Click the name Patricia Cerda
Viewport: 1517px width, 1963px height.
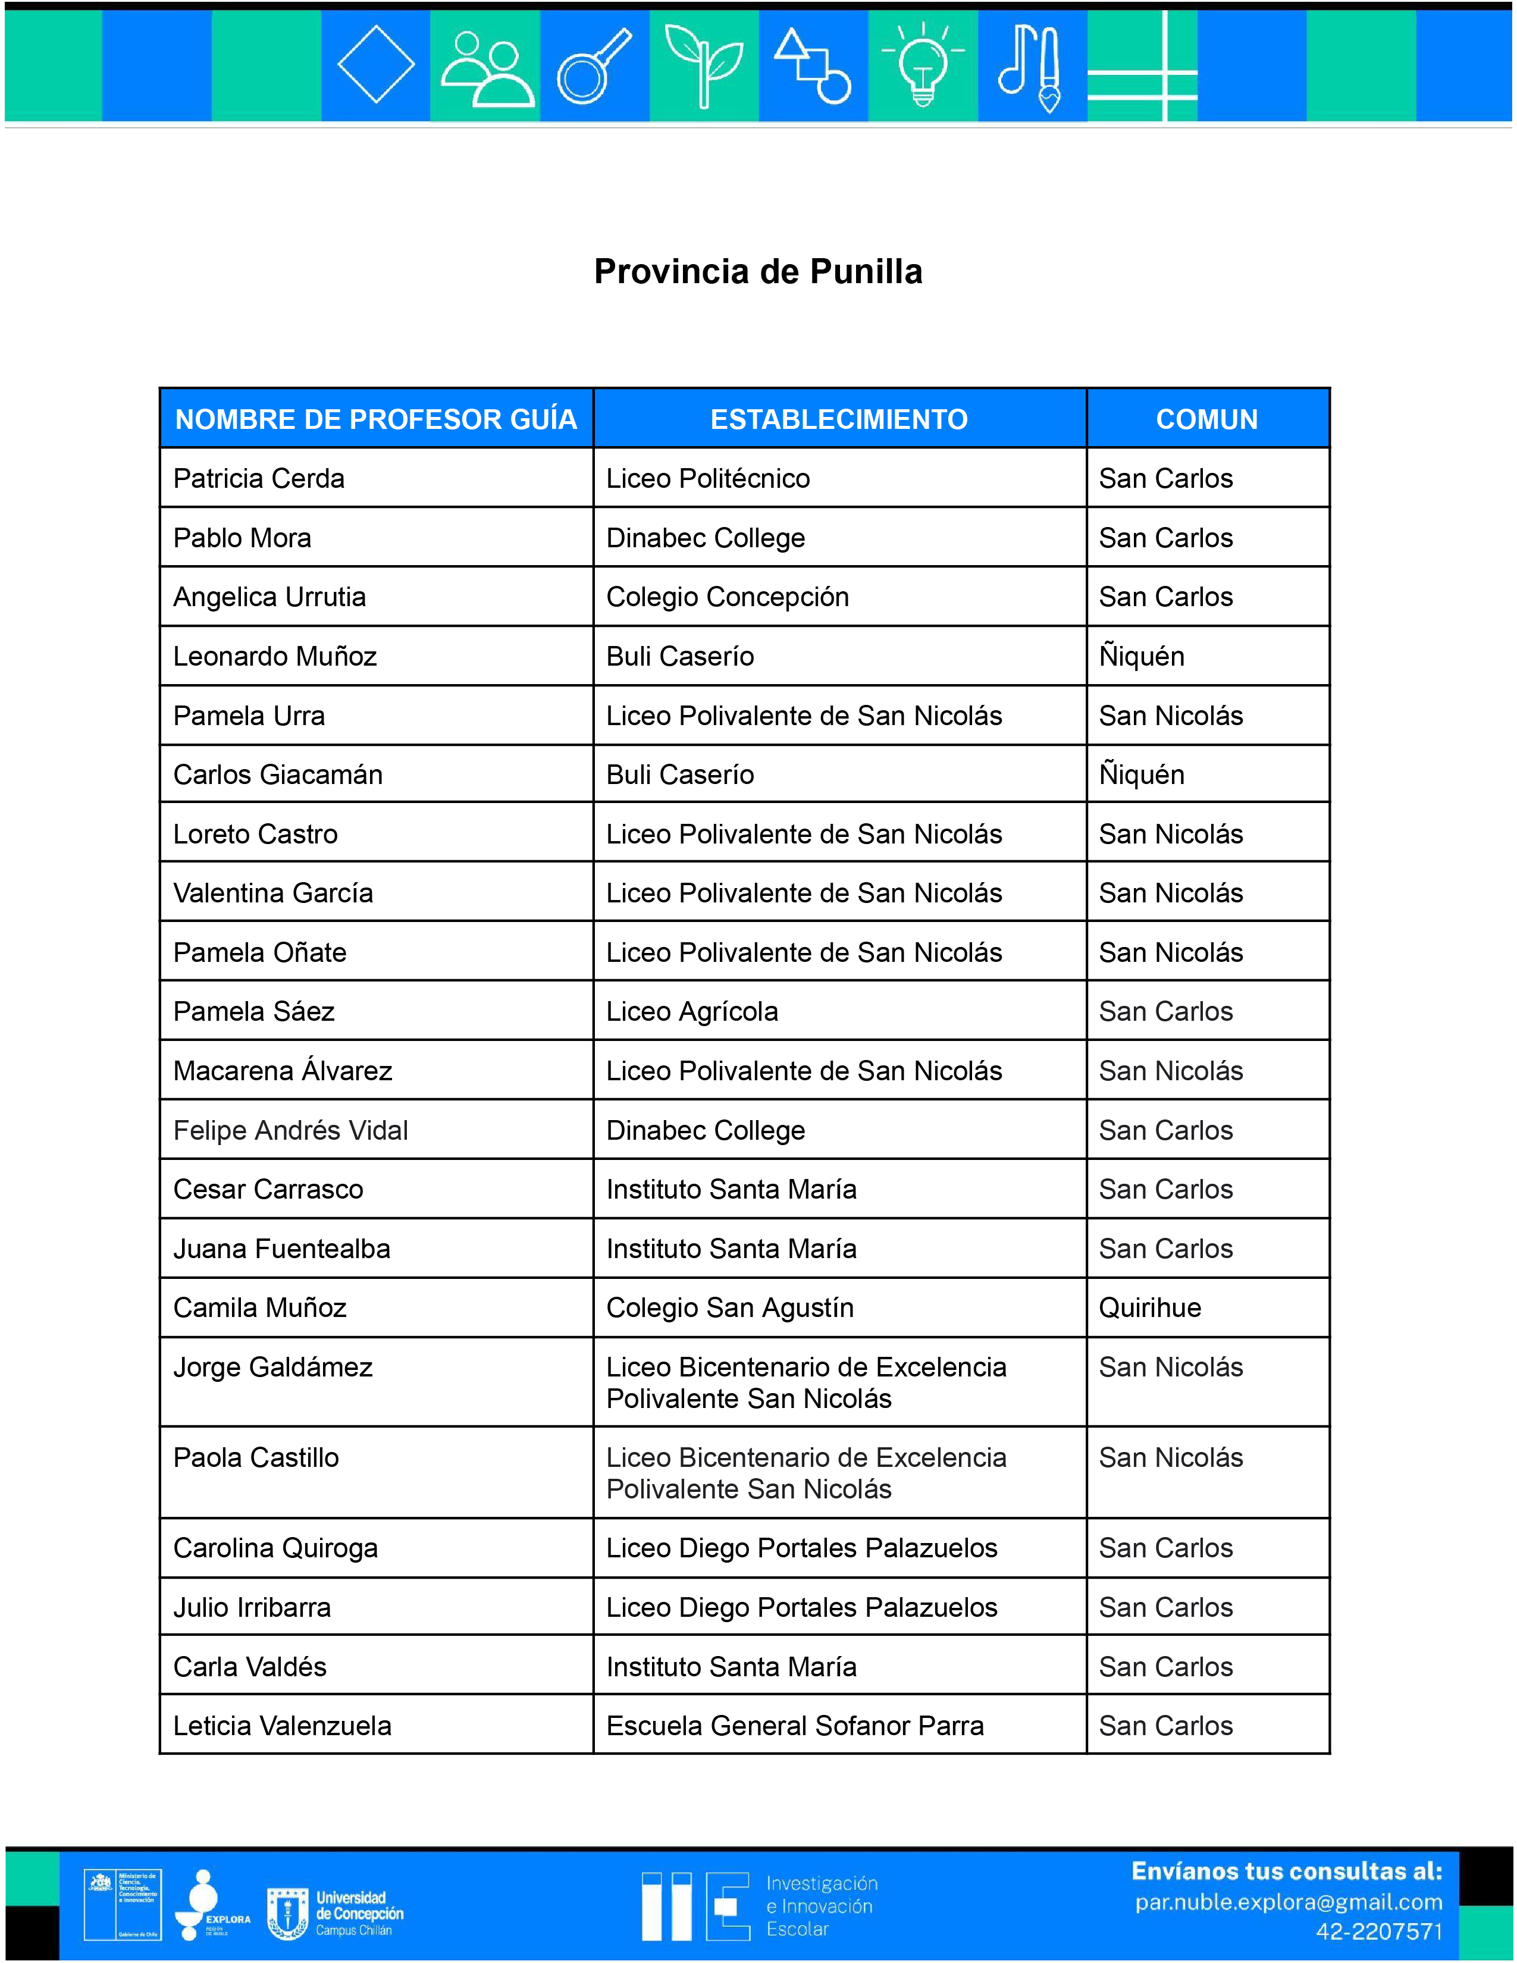(x=259, y=478)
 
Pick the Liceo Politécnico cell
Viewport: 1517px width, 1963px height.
(x=708, y=478)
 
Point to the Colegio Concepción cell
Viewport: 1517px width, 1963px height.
(x=727, y=597)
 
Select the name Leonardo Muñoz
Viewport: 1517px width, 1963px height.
(x=275, y=656)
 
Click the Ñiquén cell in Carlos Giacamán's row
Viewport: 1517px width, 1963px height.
(x=1142, y=774)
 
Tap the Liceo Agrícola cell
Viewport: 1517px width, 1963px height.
(x=692, y=1011)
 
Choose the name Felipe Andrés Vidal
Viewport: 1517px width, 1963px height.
(x=290, y=1130)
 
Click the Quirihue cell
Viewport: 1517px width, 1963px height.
(x=1149, y=1307)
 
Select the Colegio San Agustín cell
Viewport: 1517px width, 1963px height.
(x=730, y=1307)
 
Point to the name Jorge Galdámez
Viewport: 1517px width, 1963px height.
(x=272, y=1367)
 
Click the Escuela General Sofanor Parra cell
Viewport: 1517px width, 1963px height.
(x=794, y=1726)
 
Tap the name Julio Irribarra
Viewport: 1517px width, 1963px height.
(x=252, y=1607)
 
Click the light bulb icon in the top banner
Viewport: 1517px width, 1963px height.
(x=923, y=65)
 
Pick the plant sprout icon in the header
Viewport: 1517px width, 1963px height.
(x=704, y=65)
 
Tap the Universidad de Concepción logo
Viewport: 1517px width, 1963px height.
(x=335, y=1914)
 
